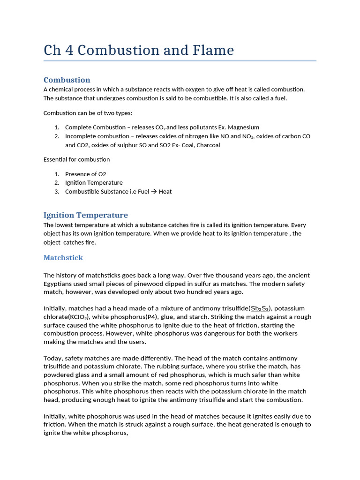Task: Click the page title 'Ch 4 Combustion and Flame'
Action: point(139,50)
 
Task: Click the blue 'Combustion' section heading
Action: point(67,80)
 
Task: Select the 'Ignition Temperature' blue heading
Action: point(85,215)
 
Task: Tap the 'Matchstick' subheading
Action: point(63,258)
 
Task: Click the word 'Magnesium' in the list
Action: point(244,127)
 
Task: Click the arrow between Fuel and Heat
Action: point(152,192)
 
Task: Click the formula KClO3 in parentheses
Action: point(82,317)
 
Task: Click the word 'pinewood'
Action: point(144,284)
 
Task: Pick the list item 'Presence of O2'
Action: point(86,174)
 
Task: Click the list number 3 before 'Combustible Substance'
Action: point(56,192)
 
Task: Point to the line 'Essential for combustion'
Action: point(76,160)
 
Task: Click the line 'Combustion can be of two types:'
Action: point(88,113)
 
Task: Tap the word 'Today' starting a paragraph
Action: point(53,358)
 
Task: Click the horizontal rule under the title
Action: point(180,60)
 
